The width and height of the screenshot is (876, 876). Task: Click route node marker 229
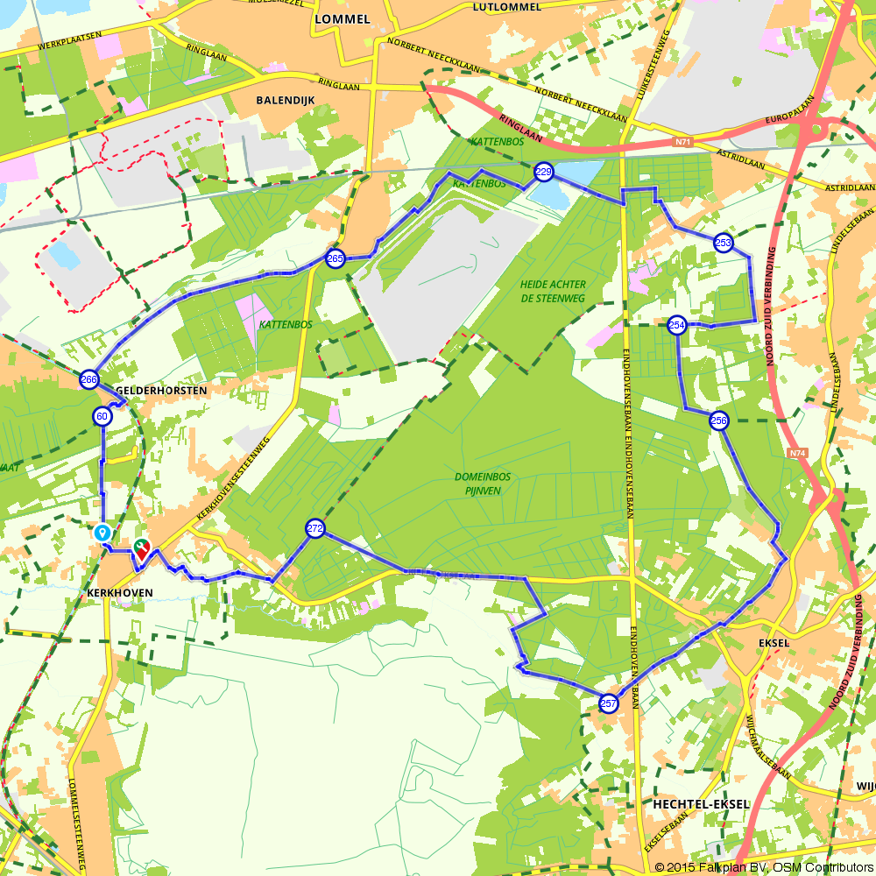point(543,173)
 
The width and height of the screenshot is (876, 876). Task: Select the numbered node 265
point(336,258)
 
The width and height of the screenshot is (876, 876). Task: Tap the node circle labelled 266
point(88,379)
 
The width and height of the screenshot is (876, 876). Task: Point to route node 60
point(102,416)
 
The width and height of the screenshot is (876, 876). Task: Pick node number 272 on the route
point(315,528)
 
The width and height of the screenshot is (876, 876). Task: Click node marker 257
point(609,703)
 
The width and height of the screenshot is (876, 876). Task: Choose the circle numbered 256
point(718,420)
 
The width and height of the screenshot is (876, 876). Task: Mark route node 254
point(676,325)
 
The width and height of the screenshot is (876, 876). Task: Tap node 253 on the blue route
point(723,243)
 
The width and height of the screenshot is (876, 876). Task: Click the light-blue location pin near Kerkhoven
point(102,532)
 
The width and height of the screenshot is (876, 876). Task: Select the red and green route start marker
point(140,549)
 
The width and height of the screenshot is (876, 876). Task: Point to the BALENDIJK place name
point(285,100)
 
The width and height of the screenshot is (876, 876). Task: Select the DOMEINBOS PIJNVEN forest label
point(483,484)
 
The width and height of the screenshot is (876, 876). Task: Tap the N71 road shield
point(683,140)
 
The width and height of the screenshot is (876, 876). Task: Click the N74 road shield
point(796,453)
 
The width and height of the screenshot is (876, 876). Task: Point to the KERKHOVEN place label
point(120,592)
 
